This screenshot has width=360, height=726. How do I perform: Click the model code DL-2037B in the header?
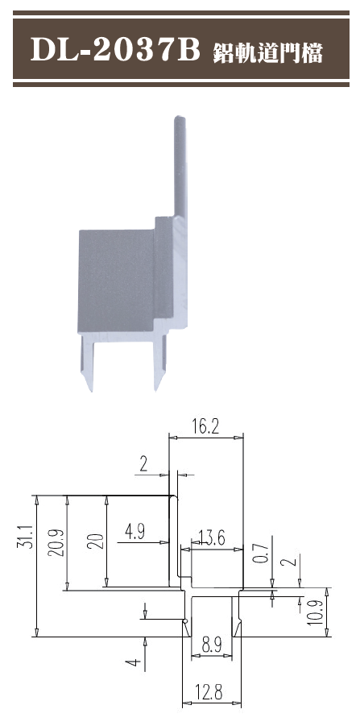tap(114, 52)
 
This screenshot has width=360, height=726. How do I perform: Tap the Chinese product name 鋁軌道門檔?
tap(268, 53)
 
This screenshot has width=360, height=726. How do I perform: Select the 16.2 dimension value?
tap(206, 427)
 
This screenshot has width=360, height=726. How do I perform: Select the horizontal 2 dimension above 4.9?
tap(144, 463)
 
